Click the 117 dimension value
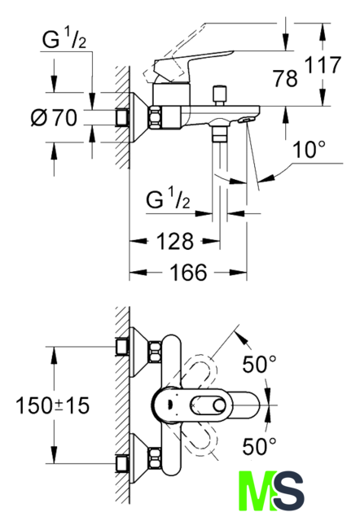tap(323, 65)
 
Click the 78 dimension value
tap(285, 79)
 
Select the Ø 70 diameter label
tap(54, 117)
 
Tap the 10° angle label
tap(309, 149)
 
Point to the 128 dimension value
tap(174, 241)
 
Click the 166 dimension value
tap(188, 273)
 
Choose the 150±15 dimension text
tap(53, 405)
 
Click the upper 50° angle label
tap(259, 364)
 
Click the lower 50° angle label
tap(259, 446)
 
